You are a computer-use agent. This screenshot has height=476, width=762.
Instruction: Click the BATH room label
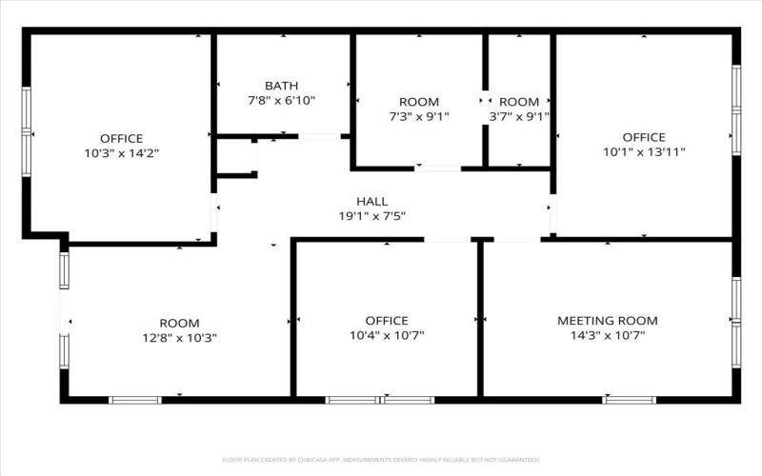pyautogui.click(x=281, y=85)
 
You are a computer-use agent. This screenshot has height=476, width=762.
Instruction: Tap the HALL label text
pyautogui.click(x=371, y=201)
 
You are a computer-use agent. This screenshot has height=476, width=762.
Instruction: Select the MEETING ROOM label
pyautogui.click(x=607, y=321)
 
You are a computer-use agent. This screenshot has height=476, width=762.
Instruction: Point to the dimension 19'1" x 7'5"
pyautogui.click(x=371, y=216)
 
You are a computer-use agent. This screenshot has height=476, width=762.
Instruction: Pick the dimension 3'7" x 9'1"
pyautogui.click(x=519, y=116)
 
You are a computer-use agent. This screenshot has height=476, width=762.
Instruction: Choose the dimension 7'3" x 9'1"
pyautogui.click(x=418, y=116)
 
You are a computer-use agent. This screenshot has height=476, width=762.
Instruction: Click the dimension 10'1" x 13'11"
pyautogui.click(x=644, y=151)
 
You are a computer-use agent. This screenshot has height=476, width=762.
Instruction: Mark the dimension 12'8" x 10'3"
pyautogui.click(x=179, y=337)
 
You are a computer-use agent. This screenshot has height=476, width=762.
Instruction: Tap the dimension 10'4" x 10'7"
pyautogui.click(x=387, y=335)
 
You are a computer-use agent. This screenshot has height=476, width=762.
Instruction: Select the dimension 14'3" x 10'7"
pyautogui.click(x=607, y=335)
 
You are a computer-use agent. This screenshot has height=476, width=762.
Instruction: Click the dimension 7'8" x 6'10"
pyautogui.click(x=281, y=99)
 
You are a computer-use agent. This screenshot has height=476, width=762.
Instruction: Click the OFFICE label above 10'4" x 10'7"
pyautogui.click(x=387, y=321)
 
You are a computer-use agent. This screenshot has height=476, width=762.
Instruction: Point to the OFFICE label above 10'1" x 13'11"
pyautogui.click(x=644, y=137)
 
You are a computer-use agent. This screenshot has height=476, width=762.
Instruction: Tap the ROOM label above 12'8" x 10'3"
pyautogui.click(x=179, y=323)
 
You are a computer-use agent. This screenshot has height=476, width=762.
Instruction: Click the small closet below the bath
pyautogui.click(x=235, y=158)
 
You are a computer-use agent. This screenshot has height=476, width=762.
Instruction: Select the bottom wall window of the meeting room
pyautogui.click(x=630, y=400)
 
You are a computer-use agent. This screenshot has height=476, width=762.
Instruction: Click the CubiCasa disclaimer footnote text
pyautogui.click(x=381, y=460)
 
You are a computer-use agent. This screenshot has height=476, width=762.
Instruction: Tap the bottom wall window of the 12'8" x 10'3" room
pyautogui.click(x=135, y=400)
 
